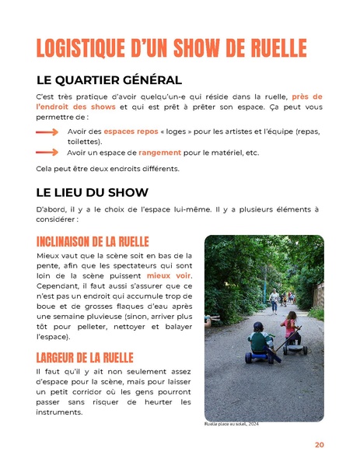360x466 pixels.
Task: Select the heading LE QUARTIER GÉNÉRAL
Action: click(x=109, y=80)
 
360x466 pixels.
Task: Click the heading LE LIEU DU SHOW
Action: click(x=92, y=192)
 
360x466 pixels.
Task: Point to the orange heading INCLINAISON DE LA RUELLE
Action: click(x=93, y=242)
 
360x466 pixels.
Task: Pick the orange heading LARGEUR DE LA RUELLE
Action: click(x=85, y=358)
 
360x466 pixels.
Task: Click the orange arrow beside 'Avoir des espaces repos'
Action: click(x=47, y=131)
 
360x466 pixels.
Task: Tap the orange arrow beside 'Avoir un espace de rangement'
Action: click(x=47, y=152)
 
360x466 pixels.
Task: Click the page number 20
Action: click(x=319, y=445)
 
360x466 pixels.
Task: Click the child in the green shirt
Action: click(x=260, y=340)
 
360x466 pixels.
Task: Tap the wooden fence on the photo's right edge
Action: click(x=318, y=296)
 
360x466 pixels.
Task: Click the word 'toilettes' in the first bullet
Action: click(x=84, y=142)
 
